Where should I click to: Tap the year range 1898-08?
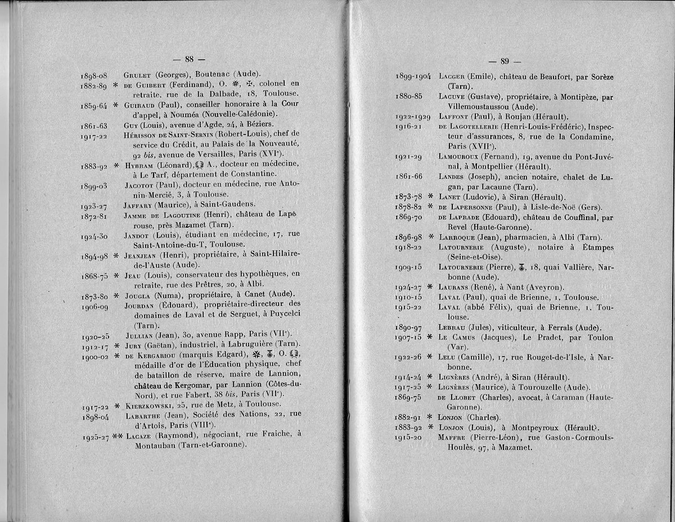pyautogui.click(x=94, y=75)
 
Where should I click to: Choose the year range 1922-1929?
pyautogui.click(x=413, y=117)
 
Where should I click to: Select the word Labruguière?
pyautogui.click(x=237, y=345)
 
